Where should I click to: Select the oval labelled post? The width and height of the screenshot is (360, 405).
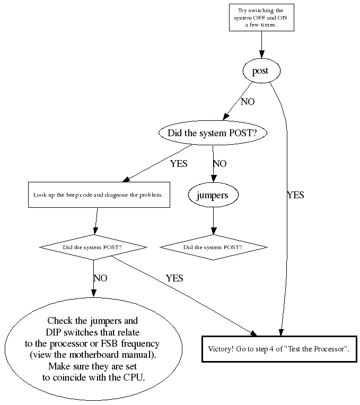[x=260, y=71]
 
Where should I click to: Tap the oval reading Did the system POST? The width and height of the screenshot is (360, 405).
[x=212, y=133]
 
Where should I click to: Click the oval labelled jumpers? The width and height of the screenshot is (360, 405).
[x=213, y=195]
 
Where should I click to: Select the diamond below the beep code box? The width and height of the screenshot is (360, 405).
[x=93, y=248]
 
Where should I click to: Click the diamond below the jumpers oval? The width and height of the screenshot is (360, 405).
[x=213, y=248]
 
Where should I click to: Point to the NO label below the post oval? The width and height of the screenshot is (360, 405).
[x=248, y=102]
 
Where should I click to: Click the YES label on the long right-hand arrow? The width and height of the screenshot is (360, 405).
[x=295, y=195]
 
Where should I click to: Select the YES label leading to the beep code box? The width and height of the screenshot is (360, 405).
[x=179, y=164]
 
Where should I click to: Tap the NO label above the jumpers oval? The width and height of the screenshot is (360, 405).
[x=219, y=164]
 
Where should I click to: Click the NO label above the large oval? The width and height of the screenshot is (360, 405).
[x=100, y=278]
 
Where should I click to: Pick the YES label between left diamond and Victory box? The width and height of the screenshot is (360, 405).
[x=174, y=278]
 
